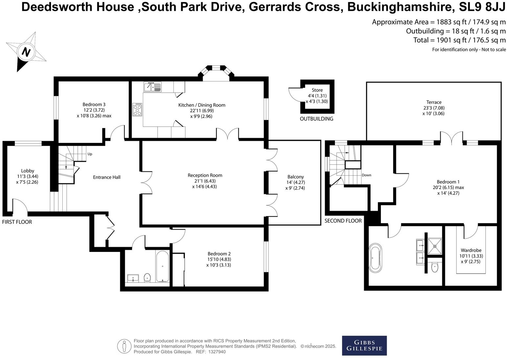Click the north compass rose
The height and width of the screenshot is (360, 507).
26,52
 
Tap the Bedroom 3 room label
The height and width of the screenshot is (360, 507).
94,104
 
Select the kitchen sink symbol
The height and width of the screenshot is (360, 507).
153,87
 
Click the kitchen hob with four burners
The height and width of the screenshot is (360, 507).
137,109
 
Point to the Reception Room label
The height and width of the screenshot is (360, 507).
205,175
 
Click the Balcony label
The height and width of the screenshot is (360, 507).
295,177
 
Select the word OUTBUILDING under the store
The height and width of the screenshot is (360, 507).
316,119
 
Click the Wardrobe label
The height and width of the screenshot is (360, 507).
471,250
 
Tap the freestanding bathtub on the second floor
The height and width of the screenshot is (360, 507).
375,258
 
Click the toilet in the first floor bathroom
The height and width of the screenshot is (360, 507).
147,278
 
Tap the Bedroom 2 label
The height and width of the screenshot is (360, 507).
219,254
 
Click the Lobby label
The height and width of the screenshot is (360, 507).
28,171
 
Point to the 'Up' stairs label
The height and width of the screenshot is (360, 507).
90,154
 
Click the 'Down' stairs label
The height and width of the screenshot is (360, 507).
366,175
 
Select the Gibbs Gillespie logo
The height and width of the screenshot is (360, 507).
364,346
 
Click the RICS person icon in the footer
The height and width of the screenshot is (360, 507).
124,346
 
